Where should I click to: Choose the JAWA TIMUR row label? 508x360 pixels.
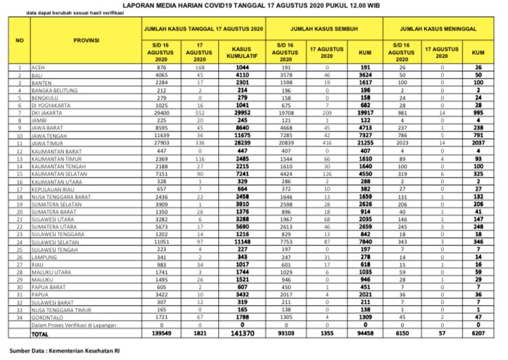point(54,144)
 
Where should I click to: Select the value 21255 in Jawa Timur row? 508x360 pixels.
point(364,144)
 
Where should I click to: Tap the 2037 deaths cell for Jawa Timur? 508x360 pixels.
point(480,144)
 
